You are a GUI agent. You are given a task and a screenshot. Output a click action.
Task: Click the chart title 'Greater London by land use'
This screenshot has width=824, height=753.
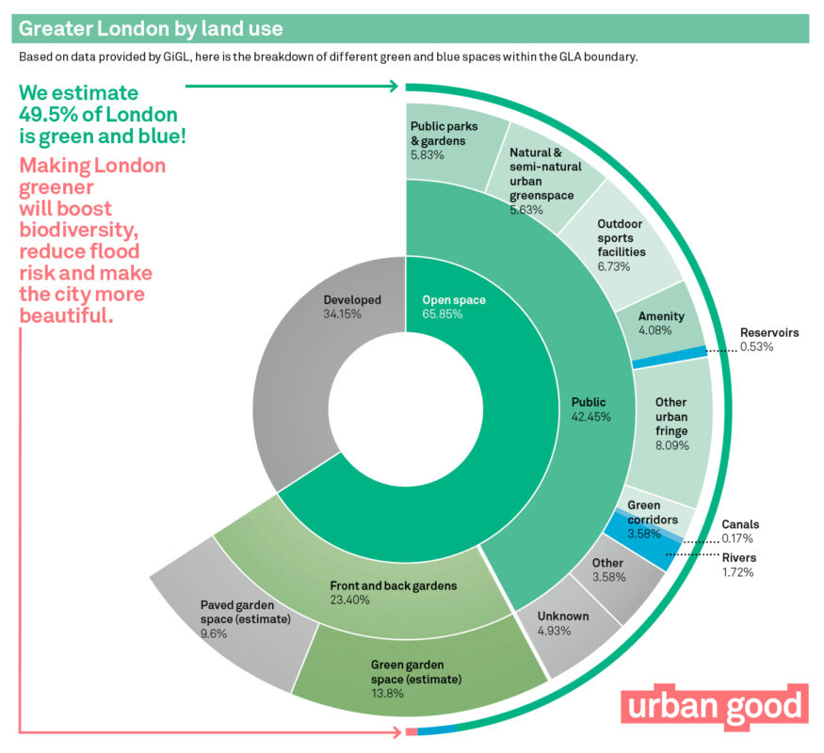point(151,28)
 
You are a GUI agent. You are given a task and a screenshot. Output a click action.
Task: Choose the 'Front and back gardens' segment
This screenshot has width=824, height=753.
point(393,591)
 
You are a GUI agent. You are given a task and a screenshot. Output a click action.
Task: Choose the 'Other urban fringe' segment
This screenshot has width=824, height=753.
point(670,424)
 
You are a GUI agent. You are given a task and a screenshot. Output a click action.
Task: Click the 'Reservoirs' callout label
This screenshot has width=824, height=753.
point(768,333)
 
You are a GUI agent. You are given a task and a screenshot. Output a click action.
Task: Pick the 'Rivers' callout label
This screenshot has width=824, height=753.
point(739,558)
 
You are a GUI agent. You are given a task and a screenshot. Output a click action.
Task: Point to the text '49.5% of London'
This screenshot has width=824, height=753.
point(98,115)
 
